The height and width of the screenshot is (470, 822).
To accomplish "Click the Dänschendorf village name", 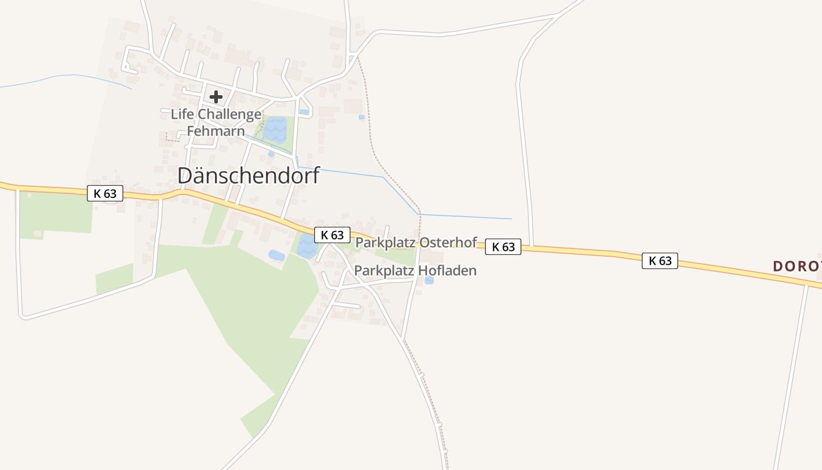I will (x=248, y=176).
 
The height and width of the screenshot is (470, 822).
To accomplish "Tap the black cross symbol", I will (x=216, y=97).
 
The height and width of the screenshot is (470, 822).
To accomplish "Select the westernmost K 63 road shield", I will (x=105, y=193).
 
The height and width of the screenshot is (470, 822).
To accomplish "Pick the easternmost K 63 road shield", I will (x=659, y=261).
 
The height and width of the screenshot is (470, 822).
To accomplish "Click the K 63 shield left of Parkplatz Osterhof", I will (x=332, y=235).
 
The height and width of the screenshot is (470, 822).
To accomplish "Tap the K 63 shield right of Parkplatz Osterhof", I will (x=503, y=247).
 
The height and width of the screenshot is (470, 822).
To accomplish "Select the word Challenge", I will (x=229, y=114).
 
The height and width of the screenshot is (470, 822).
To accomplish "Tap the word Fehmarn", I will (x=215, y=130).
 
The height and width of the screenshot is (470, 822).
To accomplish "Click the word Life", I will (x=182, y=114).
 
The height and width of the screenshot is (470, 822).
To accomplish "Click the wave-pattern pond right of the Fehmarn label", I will (x=275, y=129).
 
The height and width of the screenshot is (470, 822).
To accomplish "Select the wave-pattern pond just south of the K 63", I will (x=306, y=246).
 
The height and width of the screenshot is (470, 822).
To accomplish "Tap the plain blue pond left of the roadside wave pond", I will (x=277, y=255).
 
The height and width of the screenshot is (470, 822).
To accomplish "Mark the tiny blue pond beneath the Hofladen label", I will (x=429, y=280).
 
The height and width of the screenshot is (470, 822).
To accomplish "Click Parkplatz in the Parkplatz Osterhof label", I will (x=385, y=242).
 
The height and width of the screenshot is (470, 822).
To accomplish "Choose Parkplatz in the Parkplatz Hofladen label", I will (x=383, y=271).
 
